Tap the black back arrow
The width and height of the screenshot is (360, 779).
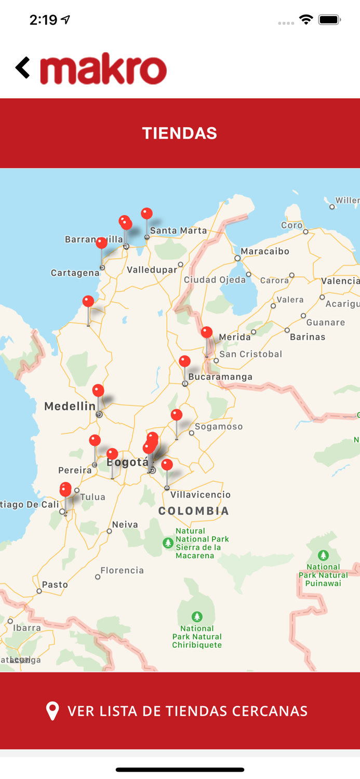tap(22, 68)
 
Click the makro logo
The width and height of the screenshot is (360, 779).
tap(103, 69)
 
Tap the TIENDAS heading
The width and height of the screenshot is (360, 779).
tap(180, 133)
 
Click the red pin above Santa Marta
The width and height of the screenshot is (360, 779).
tap(147, 213)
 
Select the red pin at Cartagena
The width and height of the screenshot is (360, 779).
tap(102, 243)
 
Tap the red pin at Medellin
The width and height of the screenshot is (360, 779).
tap(98, 391)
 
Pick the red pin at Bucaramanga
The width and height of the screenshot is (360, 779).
tap(184, 361)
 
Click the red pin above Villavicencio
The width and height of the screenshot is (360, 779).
tap(167, 464)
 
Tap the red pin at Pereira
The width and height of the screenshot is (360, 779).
tap(95, 441)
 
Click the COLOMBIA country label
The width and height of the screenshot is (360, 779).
tap(194, 511)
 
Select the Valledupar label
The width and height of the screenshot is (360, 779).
tap(152, 270)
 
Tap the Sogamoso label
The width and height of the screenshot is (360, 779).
tap(219, 427)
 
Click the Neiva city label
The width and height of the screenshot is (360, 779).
tap(125, 525)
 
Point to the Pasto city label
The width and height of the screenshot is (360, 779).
tap(55, 585)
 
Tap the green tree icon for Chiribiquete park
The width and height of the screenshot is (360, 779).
tap(197, 617)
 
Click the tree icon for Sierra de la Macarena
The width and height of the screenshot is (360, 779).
tap(168, 543)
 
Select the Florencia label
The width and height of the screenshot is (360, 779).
tap(122, 571)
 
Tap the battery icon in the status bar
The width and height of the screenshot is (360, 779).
tap(329, 20)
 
